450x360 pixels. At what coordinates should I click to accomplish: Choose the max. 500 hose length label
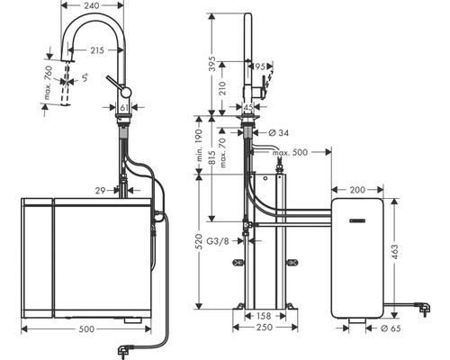point(290,154)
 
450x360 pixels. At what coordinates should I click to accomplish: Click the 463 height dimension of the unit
point(418,255)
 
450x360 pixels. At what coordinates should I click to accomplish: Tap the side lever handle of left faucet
point(112,84)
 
